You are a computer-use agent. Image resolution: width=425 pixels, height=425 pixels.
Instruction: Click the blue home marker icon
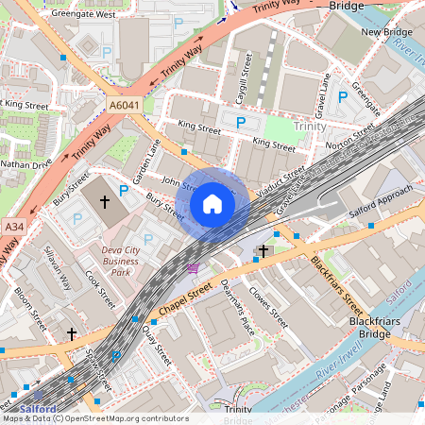pos(212,204)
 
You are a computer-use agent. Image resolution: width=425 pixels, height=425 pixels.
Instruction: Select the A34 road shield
pos(13,227)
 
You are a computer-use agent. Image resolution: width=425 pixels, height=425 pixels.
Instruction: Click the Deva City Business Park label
pos(120,262)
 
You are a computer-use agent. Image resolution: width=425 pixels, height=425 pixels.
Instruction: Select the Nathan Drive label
pos(25,163)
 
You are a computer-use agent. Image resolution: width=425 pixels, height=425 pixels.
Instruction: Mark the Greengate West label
pos(84,15)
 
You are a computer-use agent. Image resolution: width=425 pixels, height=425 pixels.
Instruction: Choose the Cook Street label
pos(99,289)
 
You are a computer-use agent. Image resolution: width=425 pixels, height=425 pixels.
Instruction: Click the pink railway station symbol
pos(193,268)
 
